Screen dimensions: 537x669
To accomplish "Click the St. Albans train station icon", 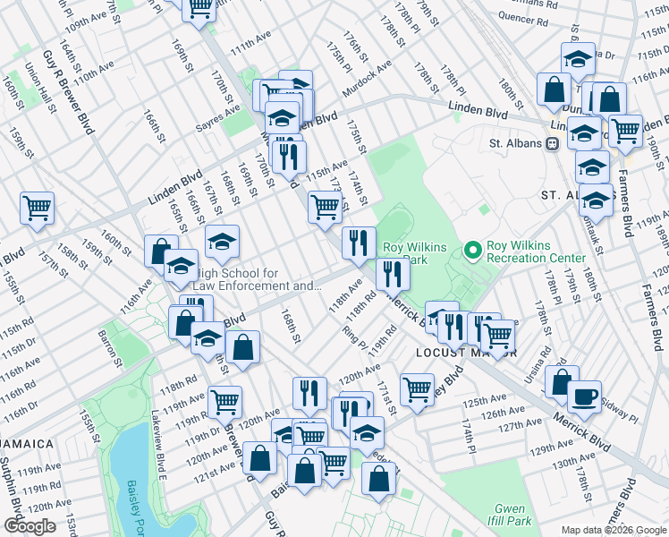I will [553, 143].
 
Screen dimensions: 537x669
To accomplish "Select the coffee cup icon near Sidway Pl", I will [584, 396].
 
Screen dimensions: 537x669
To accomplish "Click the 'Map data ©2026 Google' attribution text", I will [614, 530].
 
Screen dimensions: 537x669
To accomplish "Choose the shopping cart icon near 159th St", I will [38, 209].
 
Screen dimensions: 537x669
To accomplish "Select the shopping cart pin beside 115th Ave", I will [325, 207].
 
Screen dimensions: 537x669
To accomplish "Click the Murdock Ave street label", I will [371, 79].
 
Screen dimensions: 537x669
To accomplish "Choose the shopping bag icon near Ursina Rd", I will [561, 381].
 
